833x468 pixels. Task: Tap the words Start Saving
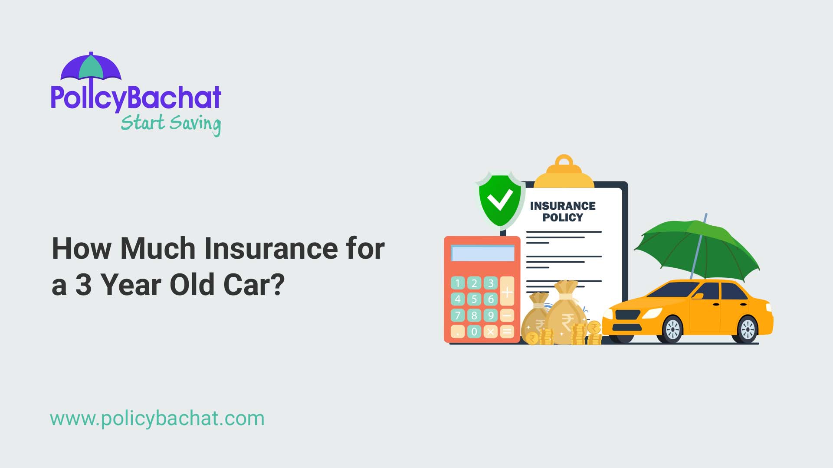point(171,124)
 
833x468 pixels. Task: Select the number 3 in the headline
point(83,285)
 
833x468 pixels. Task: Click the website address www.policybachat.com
point(157,419)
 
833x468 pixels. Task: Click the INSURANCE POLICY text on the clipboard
point(563,211)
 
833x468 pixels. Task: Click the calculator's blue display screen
point(482,253)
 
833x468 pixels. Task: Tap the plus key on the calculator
point(507,292)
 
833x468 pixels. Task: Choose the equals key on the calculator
point(507,332)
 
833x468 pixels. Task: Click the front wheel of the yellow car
point(673,330)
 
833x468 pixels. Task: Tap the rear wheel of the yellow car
point(748,330)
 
